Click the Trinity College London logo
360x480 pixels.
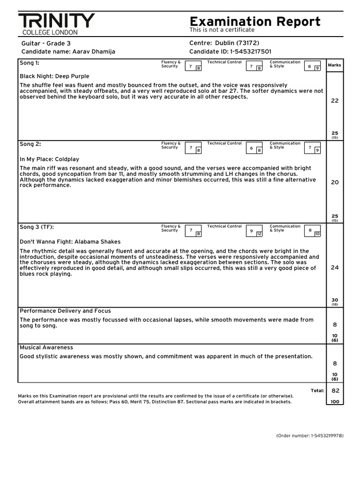pos(56,24)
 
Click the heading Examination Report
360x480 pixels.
pos(255,21)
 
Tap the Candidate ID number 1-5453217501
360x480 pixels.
pos(248,52)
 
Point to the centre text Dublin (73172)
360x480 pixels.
pos(237,43)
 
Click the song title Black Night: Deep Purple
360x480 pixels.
pos(54,76)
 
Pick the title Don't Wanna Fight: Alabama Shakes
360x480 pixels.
pos(70,242)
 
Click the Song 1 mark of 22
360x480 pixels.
pos(335,101)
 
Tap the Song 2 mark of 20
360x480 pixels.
pos(335,182)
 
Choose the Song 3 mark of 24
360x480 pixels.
pos(335,268)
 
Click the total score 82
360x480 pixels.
pos(335,390)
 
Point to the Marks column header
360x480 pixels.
pos(335,65)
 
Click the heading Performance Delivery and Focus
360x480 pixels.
pos(65,311)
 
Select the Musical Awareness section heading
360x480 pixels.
pos(46,347)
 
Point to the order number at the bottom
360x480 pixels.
pos(310,435)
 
